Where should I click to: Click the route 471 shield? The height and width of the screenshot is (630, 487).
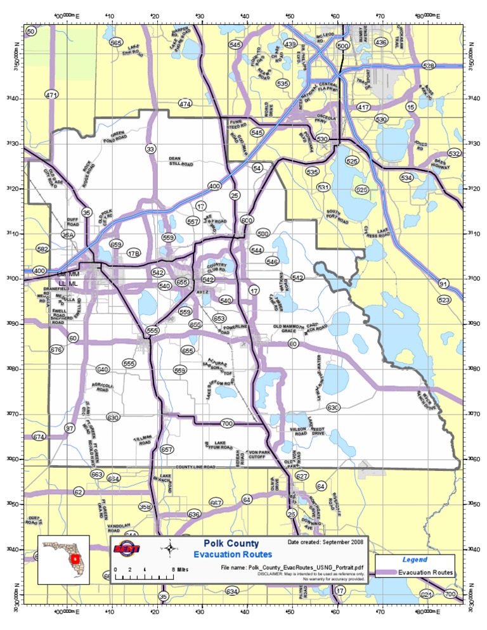pyautogui.click(x=51, y=94)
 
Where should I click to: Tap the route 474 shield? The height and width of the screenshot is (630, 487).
pyautogui.click(x=185, y=103)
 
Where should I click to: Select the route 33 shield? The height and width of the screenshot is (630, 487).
pyautogui.click(x=150, y=149)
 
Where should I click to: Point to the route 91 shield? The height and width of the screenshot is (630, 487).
pyautogui.click(x=443, y=284)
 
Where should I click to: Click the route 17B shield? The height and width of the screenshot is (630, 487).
pyautogui.click(x=133, y=254)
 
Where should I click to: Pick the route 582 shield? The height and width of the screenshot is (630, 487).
pyautogui.click(x=42, y=249)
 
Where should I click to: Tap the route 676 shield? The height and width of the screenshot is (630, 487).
pyautogui.click(x=56, y=350)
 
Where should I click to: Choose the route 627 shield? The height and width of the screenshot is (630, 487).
pyautogui.click(x=302, y=476)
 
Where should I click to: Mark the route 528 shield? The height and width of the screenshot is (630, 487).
pyautogui.click(x=429, y=66)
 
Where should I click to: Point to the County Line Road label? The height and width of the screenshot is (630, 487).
pyautogui.click(x=196, y=466)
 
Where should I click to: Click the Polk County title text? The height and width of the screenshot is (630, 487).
pyautogui.click(x=231, y=543)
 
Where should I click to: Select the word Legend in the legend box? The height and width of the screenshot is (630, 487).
pyautogui.click(x=415, y=560)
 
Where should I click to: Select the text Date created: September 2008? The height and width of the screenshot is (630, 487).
pyautogui.click(x=326, y=543)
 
